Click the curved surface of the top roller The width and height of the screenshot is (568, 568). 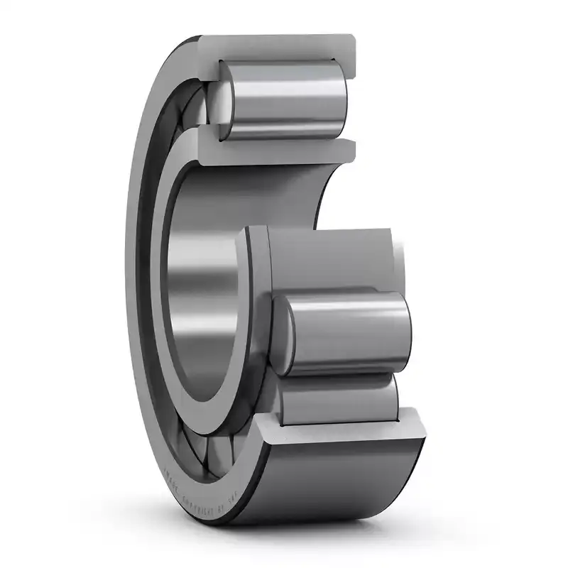click(284, 99)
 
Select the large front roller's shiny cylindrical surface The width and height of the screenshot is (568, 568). click(348, 330)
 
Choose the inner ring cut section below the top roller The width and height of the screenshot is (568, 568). click(277, 151)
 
